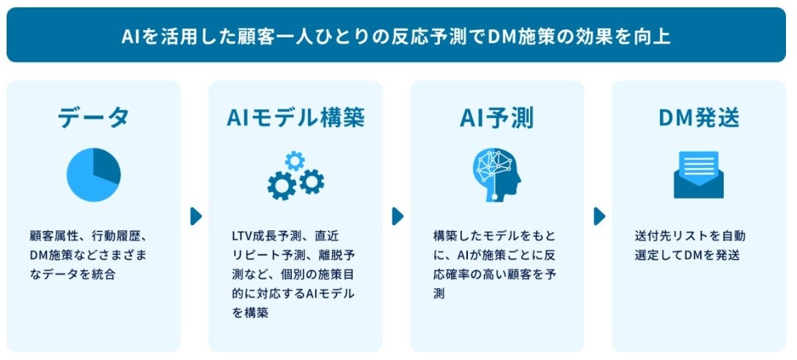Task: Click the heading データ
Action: pyautogui.click(x=93, y=117)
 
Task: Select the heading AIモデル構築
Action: pyautogui.click(x=295, y=117)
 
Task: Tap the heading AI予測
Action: pyautogui.click(x=496, y=117)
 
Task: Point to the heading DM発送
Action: pyautogui.click(x=698, y=117)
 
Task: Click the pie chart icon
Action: pyautogui.click(x=93, y=176)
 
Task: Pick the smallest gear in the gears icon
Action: pyautogui.click(x=295, y=159)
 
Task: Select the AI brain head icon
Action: pyautogui.click(x=496, y=176)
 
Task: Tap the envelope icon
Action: pyautogui.click(x=698, y=176)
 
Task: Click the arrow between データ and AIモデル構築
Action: pyautogui.click(x=196, y=216)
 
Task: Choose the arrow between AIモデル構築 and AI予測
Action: pyautogui.click(x=397, y=216)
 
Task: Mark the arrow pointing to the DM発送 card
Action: pyautogui.click(x=599, y=216)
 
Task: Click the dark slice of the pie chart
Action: pyautogui.click(x=106, y=166)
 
